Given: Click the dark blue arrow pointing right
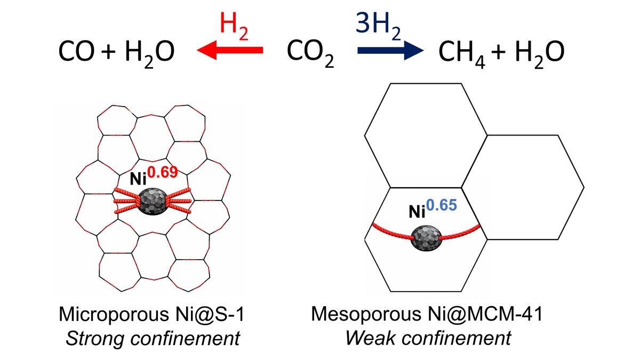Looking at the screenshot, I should (389, 51).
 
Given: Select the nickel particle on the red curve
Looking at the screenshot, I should (427, 238).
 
